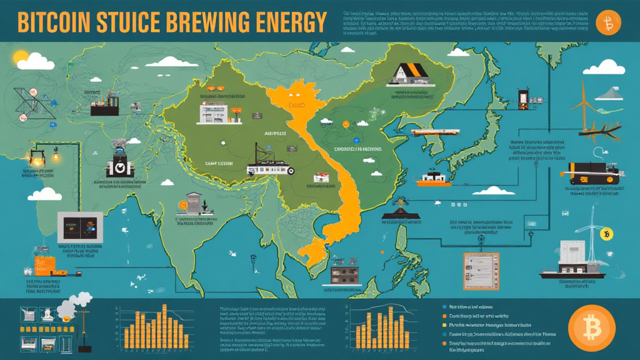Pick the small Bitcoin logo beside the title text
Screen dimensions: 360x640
(x=607, y=24)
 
